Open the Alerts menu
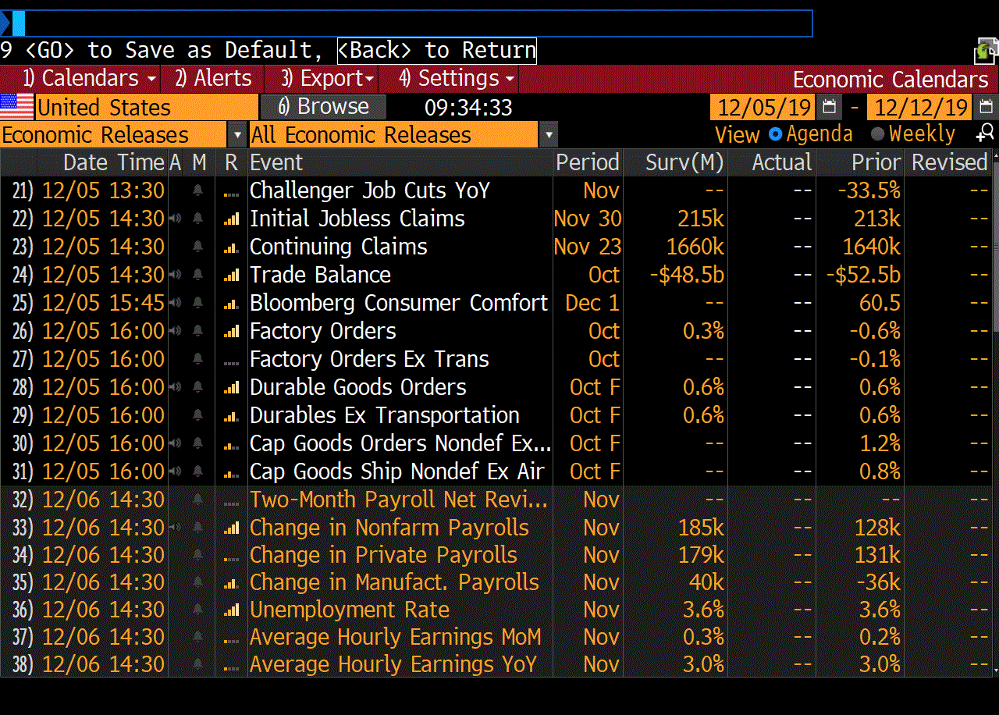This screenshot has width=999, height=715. click(213, 79)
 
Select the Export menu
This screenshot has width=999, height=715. click(328, 79)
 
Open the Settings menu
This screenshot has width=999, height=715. click(457, 79)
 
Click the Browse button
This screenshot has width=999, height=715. click(323, 107)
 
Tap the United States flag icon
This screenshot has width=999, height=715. click(17, 107)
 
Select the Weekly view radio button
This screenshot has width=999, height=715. click(877, 134)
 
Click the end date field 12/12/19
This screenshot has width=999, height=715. click(921, 107)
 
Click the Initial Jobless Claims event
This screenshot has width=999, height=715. click(357, 219)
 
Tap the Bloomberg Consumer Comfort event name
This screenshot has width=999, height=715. click(399, 303)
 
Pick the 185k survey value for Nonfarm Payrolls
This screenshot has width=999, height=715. click(701, 528)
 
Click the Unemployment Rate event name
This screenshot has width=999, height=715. click(349, 610)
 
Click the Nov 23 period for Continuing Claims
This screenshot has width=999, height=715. click(587, 247)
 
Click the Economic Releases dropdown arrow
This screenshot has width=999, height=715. click(237, 135)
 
